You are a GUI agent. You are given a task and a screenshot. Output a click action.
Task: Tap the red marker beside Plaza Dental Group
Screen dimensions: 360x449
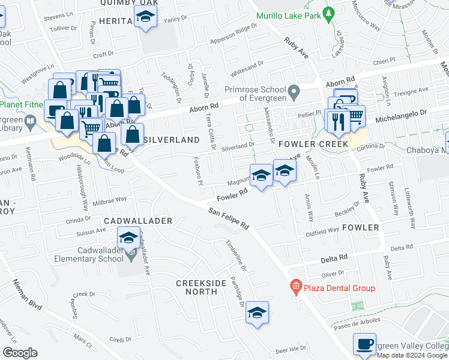[x=295, y=287]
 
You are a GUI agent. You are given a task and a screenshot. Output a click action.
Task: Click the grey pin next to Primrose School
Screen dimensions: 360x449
[x=293, y=92]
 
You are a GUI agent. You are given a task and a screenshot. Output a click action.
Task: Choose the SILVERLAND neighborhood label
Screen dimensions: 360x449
[x=172, y=139]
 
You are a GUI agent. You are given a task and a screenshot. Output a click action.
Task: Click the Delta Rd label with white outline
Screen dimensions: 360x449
[x=334, y=257]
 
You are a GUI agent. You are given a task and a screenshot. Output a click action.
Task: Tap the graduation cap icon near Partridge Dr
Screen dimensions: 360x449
[x=257, y=313]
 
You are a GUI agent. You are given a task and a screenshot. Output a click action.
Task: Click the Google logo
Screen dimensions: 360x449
[x=20, y=353]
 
